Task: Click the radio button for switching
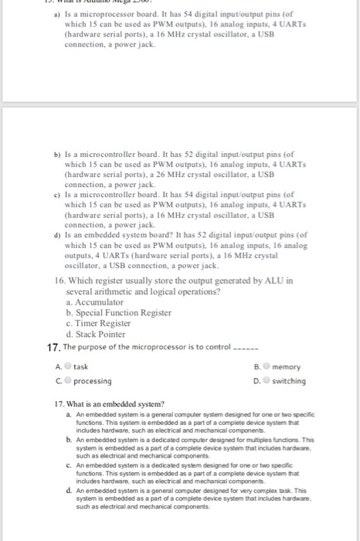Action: (265, 381)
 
